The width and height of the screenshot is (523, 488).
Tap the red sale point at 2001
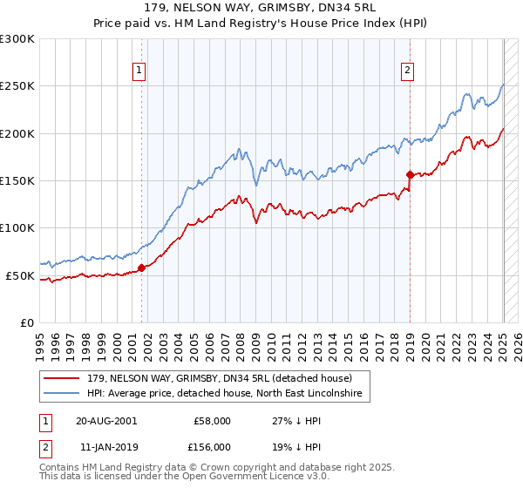142,268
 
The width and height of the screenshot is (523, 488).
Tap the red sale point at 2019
410,175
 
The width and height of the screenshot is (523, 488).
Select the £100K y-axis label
17,228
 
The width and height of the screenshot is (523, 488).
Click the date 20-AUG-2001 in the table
106,420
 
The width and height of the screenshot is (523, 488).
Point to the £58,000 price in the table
212,420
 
